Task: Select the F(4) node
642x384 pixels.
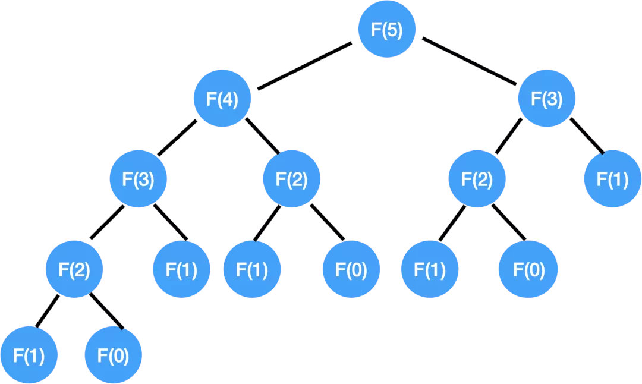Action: point(222,99)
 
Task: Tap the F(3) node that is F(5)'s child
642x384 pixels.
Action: point(547,99)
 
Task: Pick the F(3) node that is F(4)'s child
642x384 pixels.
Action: point(138,179)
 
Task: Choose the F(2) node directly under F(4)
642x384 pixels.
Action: point(292,179)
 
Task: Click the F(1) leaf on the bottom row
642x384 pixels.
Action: point(28,356)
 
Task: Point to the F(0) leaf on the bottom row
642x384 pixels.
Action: point(114,356)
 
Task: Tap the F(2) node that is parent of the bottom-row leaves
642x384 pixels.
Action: point(75,269)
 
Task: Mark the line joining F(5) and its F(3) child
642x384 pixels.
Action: point(470,62)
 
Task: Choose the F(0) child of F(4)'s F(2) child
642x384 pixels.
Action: point(351,269)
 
